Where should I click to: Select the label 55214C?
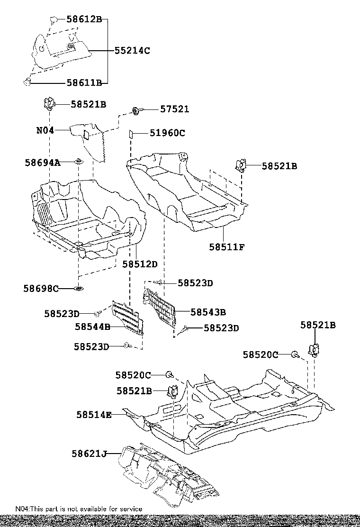point(132,50)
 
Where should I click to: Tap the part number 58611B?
point(84,82)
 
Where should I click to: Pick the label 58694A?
point(43,163)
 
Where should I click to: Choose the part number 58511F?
point(227,247)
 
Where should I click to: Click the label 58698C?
point(41,288)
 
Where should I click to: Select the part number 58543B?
point(208,312)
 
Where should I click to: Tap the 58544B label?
point(93,327)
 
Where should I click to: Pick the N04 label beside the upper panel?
point(45,129)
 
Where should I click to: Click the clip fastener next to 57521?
point(135,111)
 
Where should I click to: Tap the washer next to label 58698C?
point(78,288)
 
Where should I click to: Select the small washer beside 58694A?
point(79,163)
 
